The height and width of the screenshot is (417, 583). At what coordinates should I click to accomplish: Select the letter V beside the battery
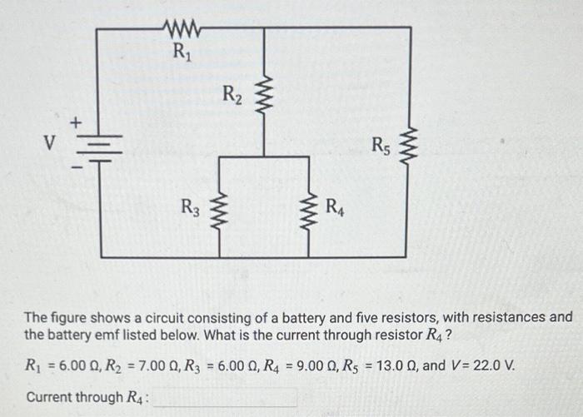tap(49, 143)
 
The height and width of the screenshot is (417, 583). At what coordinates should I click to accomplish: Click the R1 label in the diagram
tap(180, 53)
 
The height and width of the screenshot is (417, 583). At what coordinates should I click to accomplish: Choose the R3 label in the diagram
tap(190, 206)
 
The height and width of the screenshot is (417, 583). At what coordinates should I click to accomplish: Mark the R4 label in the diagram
tap(335, 206)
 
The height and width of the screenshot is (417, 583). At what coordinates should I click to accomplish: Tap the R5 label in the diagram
tap(381, 149)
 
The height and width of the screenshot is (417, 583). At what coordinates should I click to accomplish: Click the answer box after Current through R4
tap(225, 397)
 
